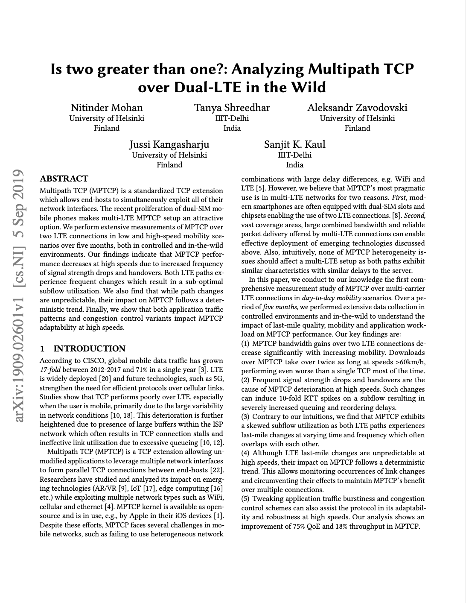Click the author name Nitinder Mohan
(x=107, y=108)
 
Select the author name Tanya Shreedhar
(x=232, y=108)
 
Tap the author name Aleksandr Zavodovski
(x=357, y=108)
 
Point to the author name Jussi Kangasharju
(x=169, y=144)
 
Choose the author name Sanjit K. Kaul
(x=294, y=144)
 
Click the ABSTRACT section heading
(x=64, y=179)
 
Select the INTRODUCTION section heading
(x=89, y=349)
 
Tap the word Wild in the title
(x=309, y=87)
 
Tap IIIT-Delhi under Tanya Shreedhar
(x=232, y=119)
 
